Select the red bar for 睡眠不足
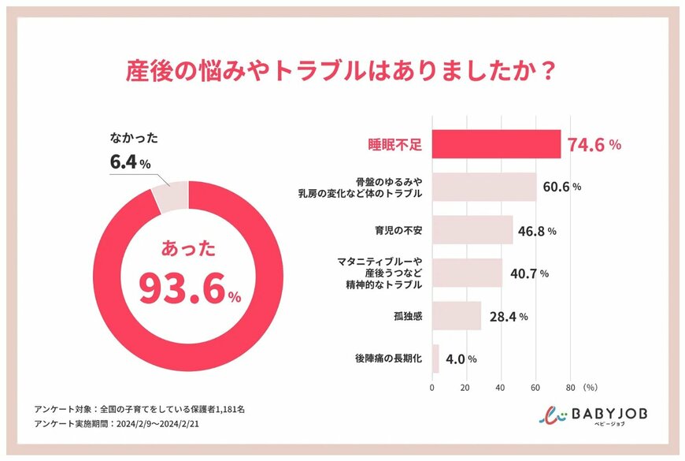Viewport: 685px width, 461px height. click(x=496, y=144)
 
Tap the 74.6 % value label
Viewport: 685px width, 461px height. click(x=594, y=145)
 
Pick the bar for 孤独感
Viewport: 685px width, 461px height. click(x=457, y=316)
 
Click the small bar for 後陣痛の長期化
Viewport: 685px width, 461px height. click(x=435, y=359)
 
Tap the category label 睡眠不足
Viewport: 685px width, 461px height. click(x=396, y=145)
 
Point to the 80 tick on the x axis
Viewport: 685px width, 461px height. click(x=570, y=388)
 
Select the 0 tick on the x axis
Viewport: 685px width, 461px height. click(x=432, y=388)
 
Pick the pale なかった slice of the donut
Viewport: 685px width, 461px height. click(x=170, y=196)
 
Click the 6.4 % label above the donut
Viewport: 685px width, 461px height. click(x=129, y=162)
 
